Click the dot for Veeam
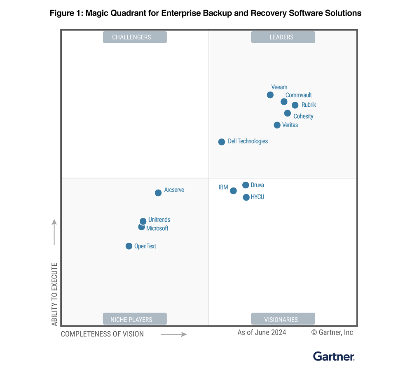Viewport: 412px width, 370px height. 270,95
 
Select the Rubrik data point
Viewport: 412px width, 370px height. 295,105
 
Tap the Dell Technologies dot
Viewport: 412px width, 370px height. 222,142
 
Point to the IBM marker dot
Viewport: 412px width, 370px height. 234,191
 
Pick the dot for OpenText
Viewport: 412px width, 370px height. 129,246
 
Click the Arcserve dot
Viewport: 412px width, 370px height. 158,193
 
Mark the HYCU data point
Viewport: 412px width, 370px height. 246,197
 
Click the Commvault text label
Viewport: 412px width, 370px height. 298,95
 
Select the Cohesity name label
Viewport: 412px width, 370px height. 303,116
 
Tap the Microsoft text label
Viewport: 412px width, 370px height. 157,228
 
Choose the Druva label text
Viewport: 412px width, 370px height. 257,185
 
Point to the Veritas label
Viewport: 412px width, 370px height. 290,125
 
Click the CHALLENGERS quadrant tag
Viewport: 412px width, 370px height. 135,37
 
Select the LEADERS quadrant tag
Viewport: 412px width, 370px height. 283,37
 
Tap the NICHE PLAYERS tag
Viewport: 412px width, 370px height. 135,319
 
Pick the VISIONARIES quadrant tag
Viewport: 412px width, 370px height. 283,319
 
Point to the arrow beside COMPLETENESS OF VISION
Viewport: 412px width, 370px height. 174,334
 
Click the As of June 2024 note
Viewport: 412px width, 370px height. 262,332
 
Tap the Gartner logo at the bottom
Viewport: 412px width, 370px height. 334,356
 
